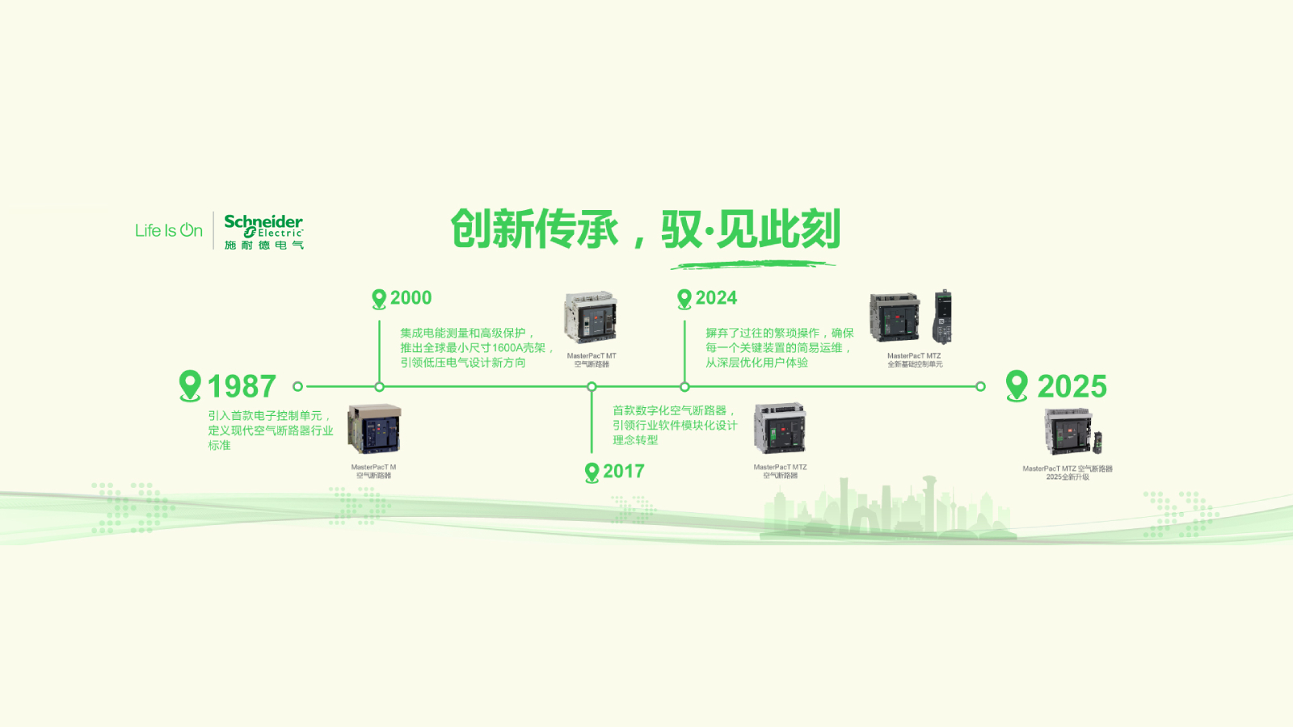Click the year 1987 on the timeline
[x=242, y=387]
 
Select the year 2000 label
[x=411, y=298]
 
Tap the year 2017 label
[x=623, y=472]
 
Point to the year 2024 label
[x=716, y=298]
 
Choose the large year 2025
[x=1072, y=387]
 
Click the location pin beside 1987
[x=190, y=385]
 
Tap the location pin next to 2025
[x=1017, y=385]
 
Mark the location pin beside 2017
[x=592, y=473]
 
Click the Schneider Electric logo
[x=263, y=231]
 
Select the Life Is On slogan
[x=168, y=230]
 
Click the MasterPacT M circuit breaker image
[x=374, y=429]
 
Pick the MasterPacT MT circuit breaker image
[x=591, y=317]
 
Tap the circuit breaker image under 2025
[x=1068, y=431]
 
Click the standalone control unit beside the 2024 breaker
[x=942, y=317]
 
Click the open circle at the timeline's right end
[x=980, y=387]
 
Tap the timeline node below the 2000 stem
[x=379, y=387]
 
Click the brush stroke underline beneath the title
[x=753, y=263]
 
